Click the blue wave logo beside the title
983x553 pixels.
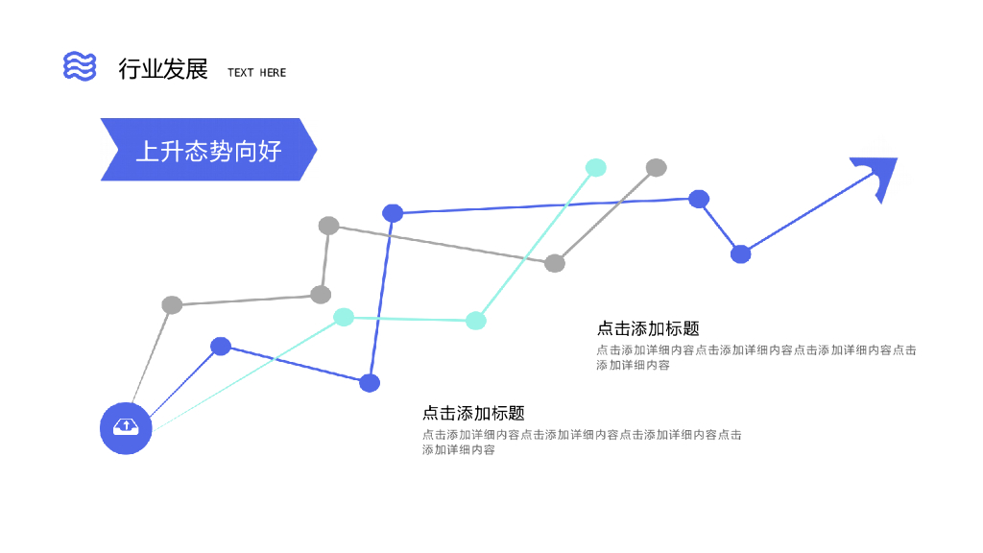coord(80,66)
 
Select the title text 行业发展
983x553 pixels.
coord(163,69)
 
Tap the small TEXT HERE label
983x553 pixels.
coord(256,72)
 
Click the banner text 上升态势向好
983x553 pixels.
coord(208,150)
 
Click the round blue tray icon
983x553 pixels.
coord(127,428)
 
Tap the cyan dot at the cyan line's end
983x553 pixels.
coord(596,167)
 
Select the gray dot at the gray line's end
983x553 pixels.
coord(657,168)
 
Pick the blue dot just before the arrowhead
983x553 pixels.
coord(740,253)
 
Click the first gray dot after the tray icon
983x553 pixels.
coord(172,305)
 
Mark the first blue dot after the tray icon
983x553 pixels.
coord(221,346)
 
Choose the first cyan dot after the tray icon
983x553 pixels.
coord(344,317)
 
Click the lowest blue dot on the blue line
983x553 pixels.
coord(370,383)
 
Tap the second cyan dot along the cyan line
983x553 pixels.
coord(476,321)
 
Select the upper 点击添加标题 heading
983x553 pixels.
coord(648,328)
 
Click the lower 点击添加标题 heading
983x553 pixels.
coord(473,413)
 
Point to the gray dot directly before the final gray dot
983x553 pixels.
coord(555,263)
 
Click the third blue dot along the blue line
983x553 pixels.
coord(393,213)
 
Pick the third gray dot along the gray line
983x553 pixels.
coord(328,226)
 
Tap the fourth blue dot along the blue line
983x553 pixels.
coord(699,199)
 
